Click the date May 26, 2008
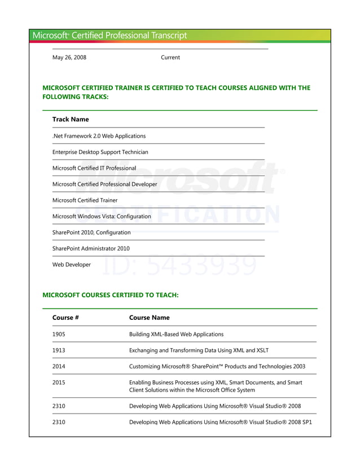point(69,58)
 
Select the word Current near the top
point(170,58)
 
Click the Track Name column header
point(71,120)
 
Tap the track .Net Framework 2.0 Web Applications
point(99,136)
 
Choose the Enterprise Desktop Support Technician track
point(100,152)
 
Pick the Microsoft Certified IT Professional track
point(94,168)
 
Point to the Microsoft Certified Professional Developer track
point(105,184)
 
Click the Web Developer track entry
point(72,265)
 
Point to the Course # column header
point(65,318)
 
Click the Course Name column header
point(150,318)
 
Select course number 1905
point(59,334)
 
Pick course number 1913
point(59,350)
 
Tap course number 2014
point(59,366)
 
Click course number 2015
point(59,383)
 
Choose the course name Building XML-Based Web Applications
point(176,334)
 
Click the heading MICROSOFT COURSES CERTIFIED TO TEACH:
point(111,294)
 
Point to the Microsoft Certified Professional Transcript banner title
point(110,36)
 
